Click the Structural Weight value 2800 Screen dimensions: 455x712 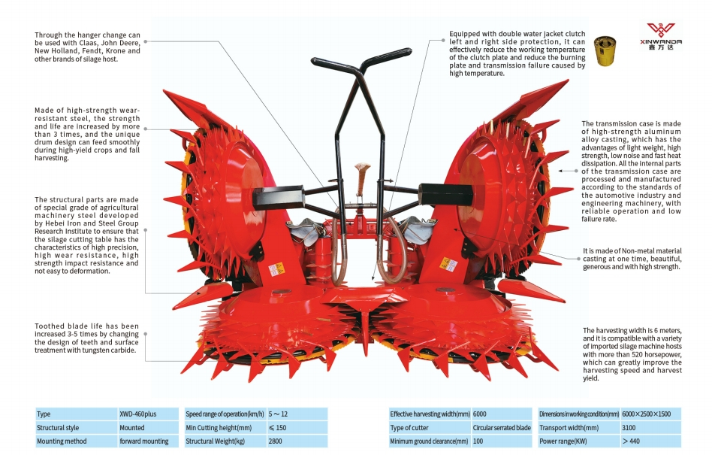(275, 441)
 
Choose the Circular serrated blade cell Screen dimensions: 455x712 (502, 428)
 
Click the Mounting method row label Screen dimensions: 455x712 (62, 441)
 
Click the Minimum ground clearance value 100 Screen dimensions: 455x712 (479, 441)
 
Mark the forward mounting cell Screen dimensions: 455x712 (144, 441)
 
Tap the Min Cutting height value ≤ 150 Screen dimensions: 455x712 (279, 428)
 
